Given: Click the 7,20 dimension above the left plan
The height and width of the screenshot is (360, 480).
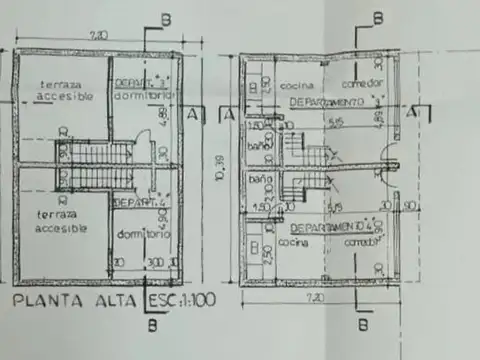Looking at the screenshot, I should pos(98,35).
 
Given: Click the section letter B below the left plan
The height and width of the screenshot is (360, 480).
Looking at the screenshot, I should pos(151,324).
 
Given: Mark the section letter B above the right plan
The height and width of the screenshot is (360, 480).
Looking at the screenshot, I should pos(377,17).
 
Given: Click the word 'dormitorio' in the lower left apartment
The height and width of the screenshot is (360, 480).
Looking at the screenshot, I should pos(146,233).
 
